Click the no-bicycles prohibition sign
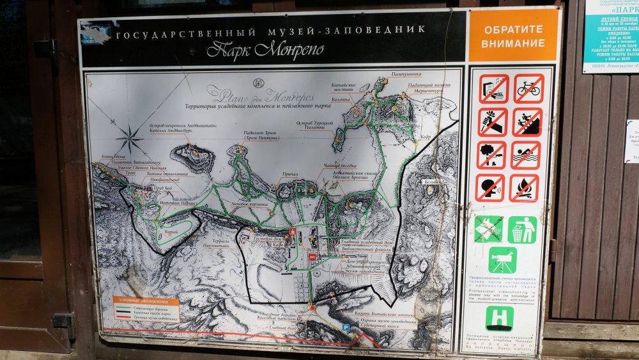click(528, 88)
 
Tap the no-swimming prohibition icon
click(526, 155)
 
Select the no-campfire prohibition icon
click(524, 188)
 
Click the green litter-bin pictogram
click(522, 230)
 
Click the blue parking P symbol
click(346, 327)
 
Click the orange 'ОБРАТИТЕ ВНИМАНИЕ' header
click(514, 36)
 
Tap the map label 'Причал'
click(289, 174)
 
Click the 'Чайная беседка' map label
click(341, 165)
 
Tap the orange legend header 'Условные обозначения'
click(146, 300)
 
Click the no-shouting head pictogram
click(490, 188)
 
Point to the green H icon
click(500, 318)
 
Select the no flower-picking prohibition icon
click(493, 121)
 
